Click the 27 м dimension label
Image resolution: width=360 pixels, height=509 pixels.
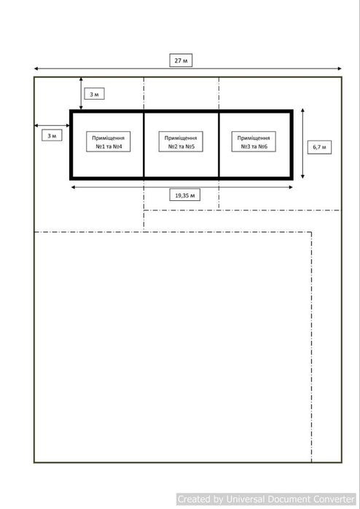click(181, 60)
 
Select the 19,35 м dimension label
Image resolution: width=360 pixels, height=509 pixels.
click(185, 195)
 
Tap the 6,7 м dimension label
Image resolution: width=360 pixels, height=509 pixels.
click(319, 147)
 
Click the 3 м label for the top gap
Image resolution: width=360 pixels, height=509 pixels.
click(94, 94)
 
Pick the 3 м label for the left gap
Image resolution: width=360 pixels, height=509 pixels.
click(52, 135)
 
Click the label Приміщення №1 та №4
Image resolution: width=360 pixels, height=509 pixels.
click(108, 142)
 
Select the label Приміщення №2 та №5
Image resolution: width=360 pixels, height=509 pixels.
click(181, 142)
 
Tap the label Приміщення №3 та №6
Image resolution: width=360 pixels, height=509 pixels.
click(254, 142)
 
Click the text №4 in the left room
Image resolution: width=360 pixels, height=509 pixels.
click(117, 146)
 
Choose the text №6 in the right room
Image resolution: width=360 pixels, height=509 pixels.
click(263, 146)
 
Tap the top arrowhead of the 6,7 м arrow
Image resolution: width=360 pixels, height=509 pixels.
click(303, 109)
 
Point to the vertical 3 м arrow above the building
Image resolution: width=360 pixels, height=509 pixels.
click(81, 93)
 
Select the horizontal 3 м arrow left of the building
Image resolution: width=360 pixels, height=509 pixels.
click(52, 125)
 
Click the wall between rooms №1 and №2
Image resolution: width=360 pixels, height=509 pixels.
click(144, 144)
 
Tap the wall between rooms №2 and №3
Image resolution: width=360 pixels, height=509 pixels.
click(219, 144)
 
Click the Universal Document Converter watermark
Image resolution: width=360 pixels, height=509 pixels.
click(266, 499)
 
